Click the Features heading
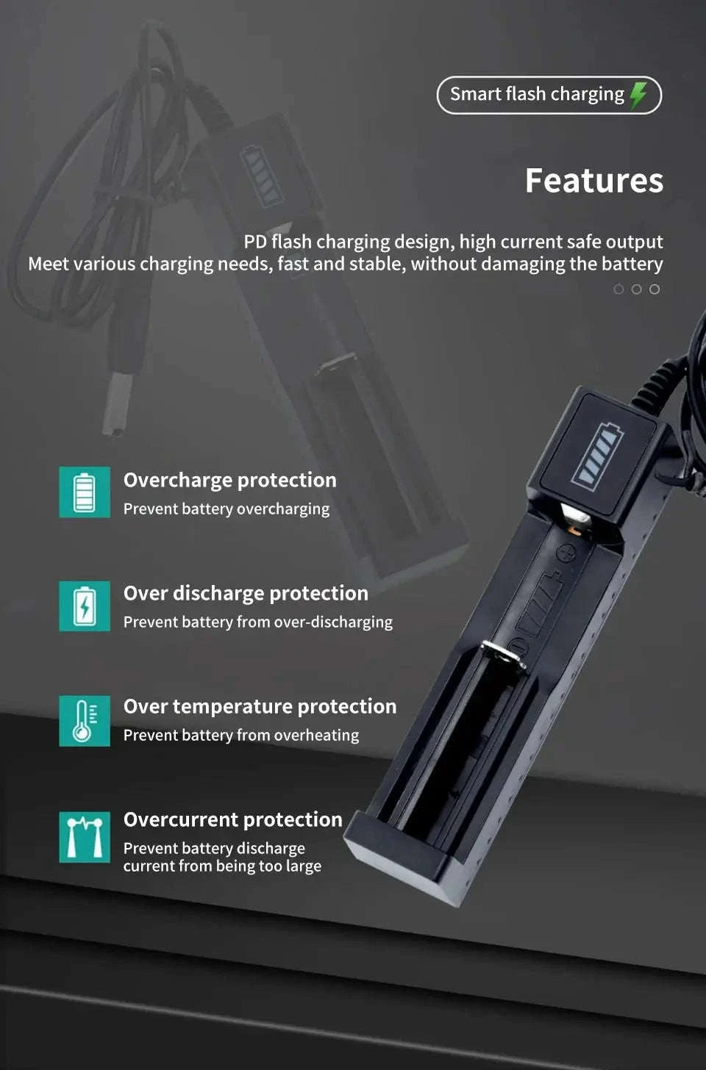(x=594, y=181)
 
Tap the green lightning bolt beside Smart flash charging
(x=638, y=95)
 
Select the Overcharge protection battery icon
(x=85, y=492)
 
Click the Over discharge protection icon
(x=85, y=606)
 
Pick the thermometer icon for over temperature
(x=85, y=721)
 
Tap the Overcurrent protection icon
(x=85, y=836)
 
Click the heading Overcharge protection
(x=229, y=480)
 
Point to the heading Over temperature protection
(x=260, y=706)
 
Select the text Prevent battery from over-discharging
(x=257, y=622)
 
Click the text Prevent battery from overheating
(x=241, y=735)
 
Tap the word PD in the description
(x=255, y=242)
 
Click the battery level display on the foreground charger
(x=597, y=456)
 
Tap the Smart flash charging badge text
(x=537, y=95)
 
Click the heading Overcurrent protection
(x=232, y=819)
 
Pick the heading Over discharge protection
(x=246, y=593)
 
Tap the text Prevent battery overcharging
(x=227, y=509)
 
